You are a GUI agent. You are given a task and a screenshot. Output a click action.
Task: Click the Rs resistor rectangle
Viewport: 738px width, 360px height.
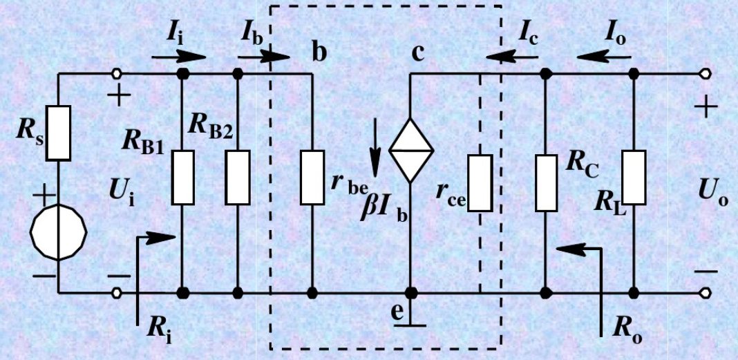[59, 133]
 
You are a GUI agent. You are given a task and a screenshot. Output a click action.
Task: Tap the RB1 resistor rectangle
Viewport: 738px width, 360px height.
[182, 177]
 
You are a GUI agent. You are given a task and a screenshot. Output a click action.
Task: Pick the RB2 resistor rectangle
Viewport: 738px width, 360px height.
[238, 177]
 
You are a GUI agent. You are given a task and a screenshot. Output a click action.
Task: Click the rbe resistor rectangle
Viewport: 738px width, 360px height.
[312, 177]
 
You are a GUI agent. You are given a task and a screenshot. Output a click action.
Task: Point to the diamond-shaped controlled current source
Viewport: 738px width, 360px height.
[411, 146]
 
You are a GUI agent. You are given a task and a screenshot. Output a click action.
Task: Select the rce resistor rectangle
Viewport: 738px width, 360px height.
[480, 182]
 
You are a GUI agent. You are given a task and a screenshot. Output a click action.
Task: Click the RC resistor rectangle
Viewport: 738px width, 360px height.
[546, 182]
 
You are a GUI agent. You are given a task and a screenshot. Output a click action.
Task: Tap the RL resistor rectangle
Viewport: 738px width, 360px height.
[634, 178]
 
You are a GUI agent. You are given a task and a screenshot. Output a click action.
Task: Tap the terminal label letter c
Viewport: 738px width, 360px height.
[418, 53]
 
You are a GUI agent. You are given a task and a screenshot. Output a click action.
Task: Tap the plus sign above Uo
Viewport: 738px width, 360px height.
[706, 108]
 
